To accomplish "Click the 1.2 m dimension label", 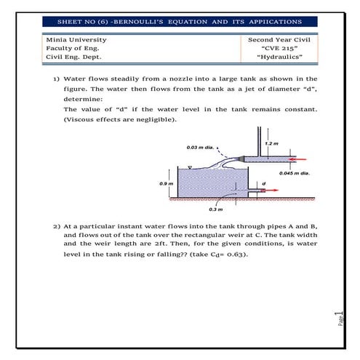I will pos(272,143).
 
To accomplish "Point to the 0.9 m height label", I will pos(166,183).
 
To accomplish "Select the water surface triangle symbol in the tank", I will pos(188,168).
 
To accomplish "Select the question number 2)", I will pos(55,227).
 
